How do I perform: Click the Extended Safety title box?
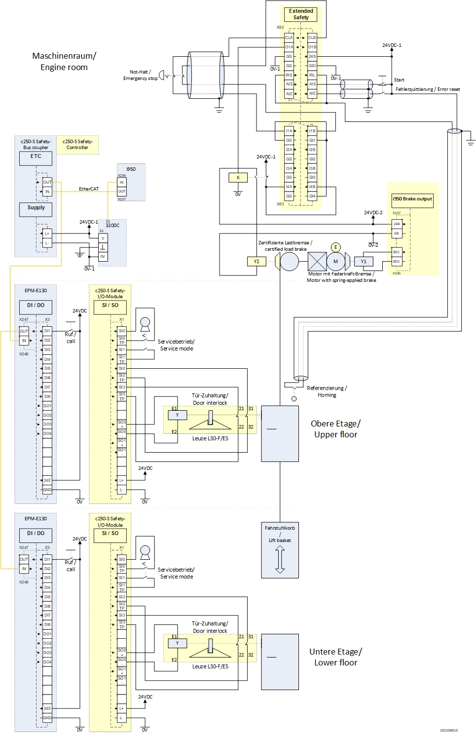[301, 14]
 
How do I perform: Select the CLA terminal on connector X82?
[289, 38]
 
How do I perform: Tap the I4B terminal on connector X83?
[312, 187]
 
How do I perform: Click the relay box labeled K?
[238, 178]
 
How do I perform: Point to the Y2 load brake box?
[256, 261]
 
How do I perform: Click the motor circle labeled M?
[335, 262]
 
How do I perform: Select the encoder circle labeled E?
[336, 247]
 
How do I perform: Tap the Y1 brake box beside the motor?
[364, 262]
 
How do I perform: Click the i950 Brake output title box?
[412, 199]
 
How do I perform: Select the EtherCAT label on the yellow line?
[89, 189]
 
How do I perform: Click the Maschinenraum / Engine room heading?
[64, 62]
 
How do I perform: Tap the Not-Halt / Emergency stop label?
[140, 75]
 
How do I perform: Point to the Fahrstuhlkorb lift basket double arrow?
[280, 560]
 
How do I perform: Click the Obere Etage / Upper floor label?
[335, 429]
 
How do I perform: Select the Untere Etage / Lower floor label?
[335, 657]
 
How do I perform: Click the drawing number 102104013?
[449, 730]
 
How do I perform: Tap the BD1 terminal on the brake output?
[397, 252]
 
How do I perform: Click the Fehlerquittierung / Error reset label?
[428, 89]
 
